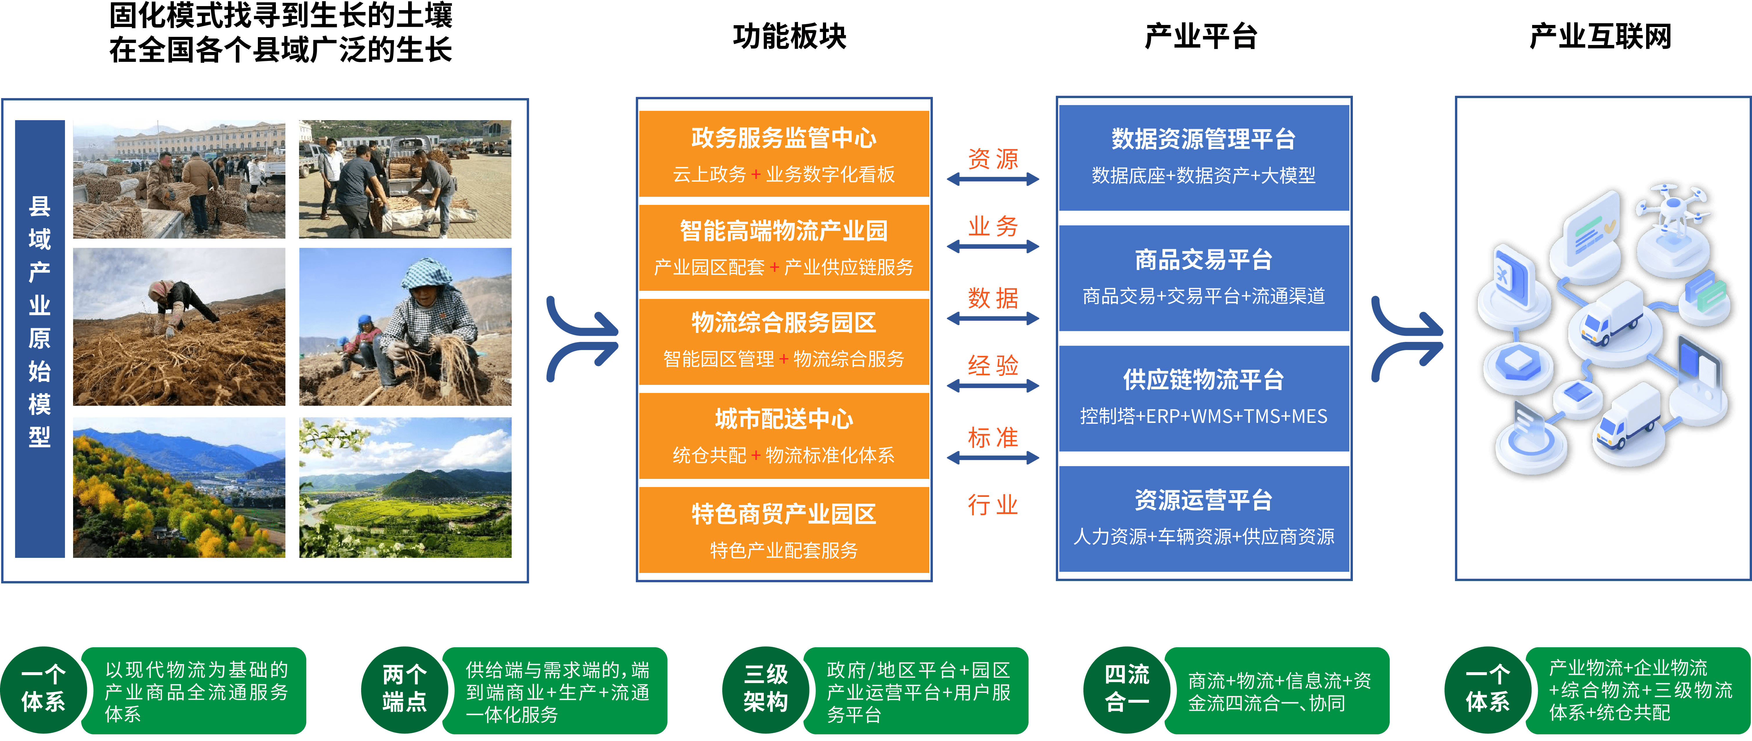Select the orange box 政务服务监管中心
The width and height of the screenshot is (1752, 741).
coord(783,154)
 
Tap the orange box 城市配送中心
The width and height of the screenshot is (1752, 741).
coord(783,435)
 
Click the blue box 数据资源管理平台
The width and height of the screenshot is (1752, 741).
coord(1203,156)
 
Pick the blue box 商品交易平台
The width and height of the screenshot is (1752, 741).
coord(1203,277)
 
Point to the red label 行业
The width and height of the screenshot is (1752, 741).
coord(993,505)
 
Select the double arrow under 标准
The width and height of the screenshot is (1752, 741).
coord(993,458)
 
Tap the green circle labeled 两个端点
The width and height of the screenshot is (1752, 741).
coord(405,688)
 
